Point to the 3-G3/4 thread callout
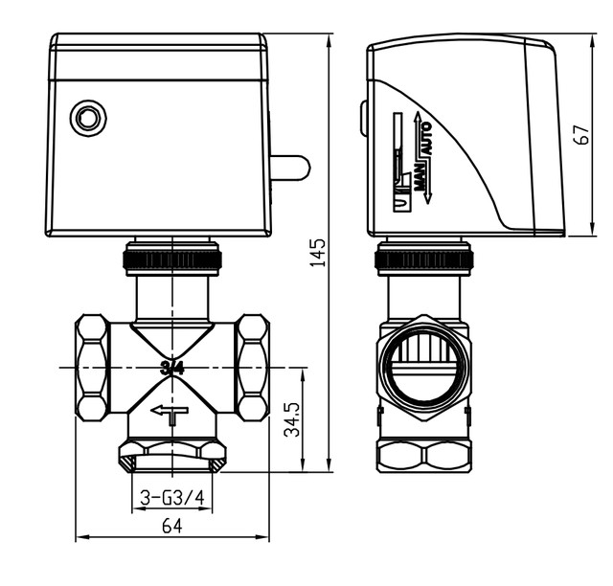171,498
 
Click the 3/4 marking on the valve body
172,367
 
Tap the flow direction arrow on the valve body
170,413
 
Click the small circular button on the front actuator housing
89,119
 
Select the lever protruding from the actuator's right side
291,170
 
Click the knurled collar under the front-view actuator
171,259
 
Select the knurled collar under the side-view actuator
423,259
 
